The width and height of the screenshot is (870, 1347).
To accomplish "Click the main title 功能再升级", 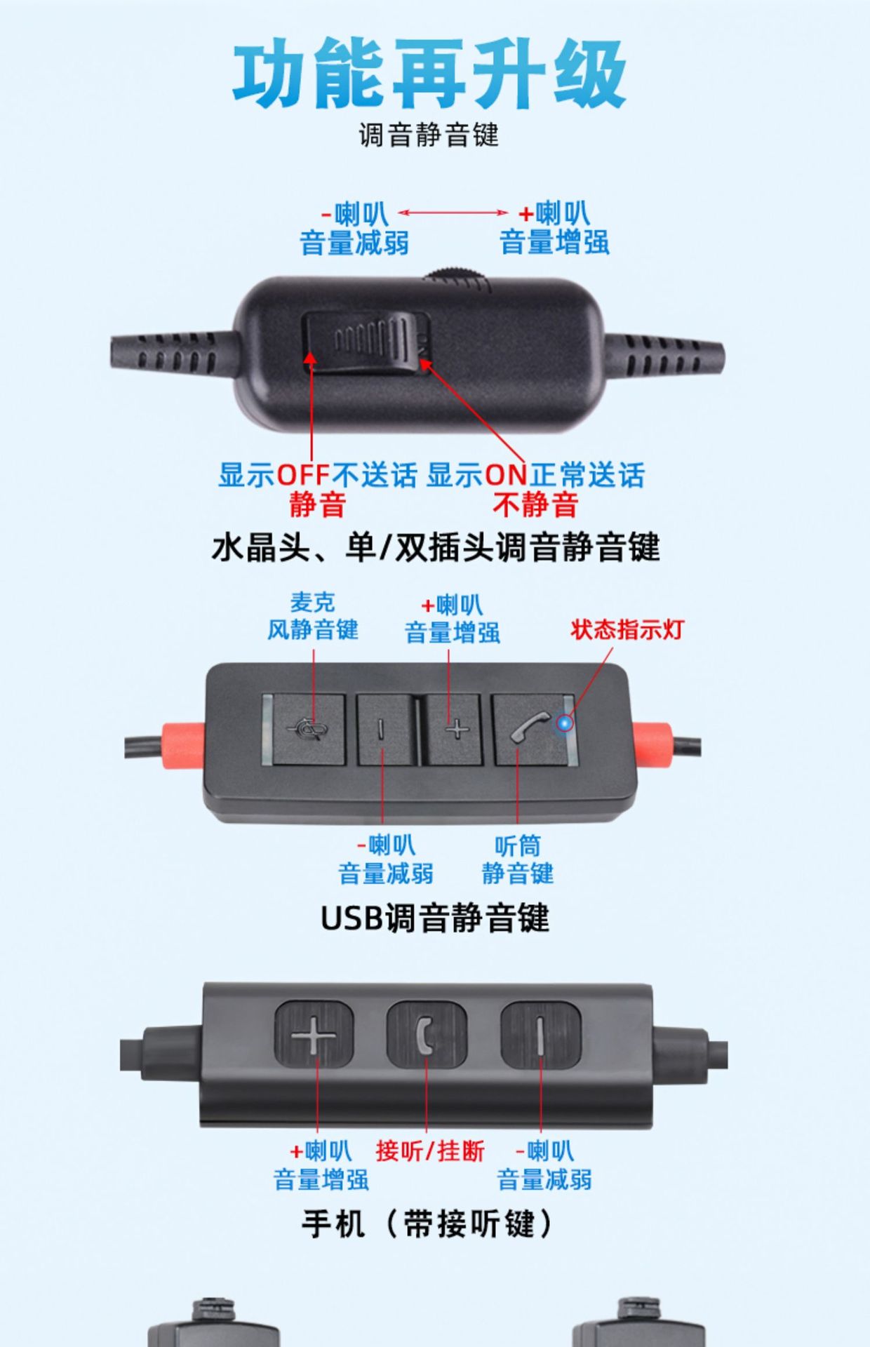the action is tap(429, 74).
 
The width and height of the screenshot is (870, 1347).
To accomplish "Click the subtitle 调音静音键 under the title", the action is tap(429, 135).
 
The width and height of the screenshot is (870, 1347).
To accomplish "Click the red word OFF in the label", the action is tap(303, 475).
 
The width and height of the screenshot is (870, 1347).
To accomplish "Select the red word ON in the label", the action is tap(506, 475).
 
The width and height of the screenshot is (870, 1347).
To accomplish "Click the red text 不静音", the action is tap(535, 504).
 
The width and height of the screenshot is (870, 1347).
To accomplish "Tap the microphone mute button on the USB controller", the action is tap(309, 730).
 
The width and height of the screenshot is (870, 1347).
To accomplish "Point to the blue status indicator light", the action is tap(564, 723).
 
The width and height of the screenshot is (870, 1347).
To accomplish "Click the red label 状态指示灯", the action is tap(627, 629).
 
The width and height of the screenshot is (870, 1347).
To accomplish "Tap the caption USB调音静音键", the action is tap(435, 918).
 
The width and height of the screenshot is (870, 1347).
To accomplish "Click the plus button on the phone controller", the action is tap(314, 1034).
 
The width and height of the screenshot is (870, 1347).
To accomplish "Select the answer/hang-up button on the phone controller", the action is tap(427, 1034).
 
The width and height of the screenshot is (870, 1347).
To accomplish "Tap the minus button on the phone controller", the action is tap(540, 1034).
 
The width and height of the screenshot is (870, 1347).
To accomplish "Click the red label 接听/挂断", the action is tap(430, 1151).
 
